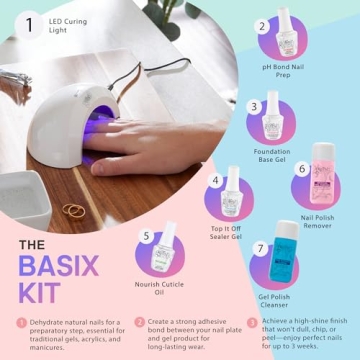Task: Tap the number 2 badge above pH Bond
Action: [262, 27]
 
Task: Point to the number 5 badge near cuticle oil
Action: [146, 237]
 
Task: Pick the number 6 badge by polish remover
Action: [301, 170]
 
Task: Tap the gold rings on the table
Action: [75, 210]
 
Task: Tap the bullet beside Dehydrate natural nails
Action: [20, 322]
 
